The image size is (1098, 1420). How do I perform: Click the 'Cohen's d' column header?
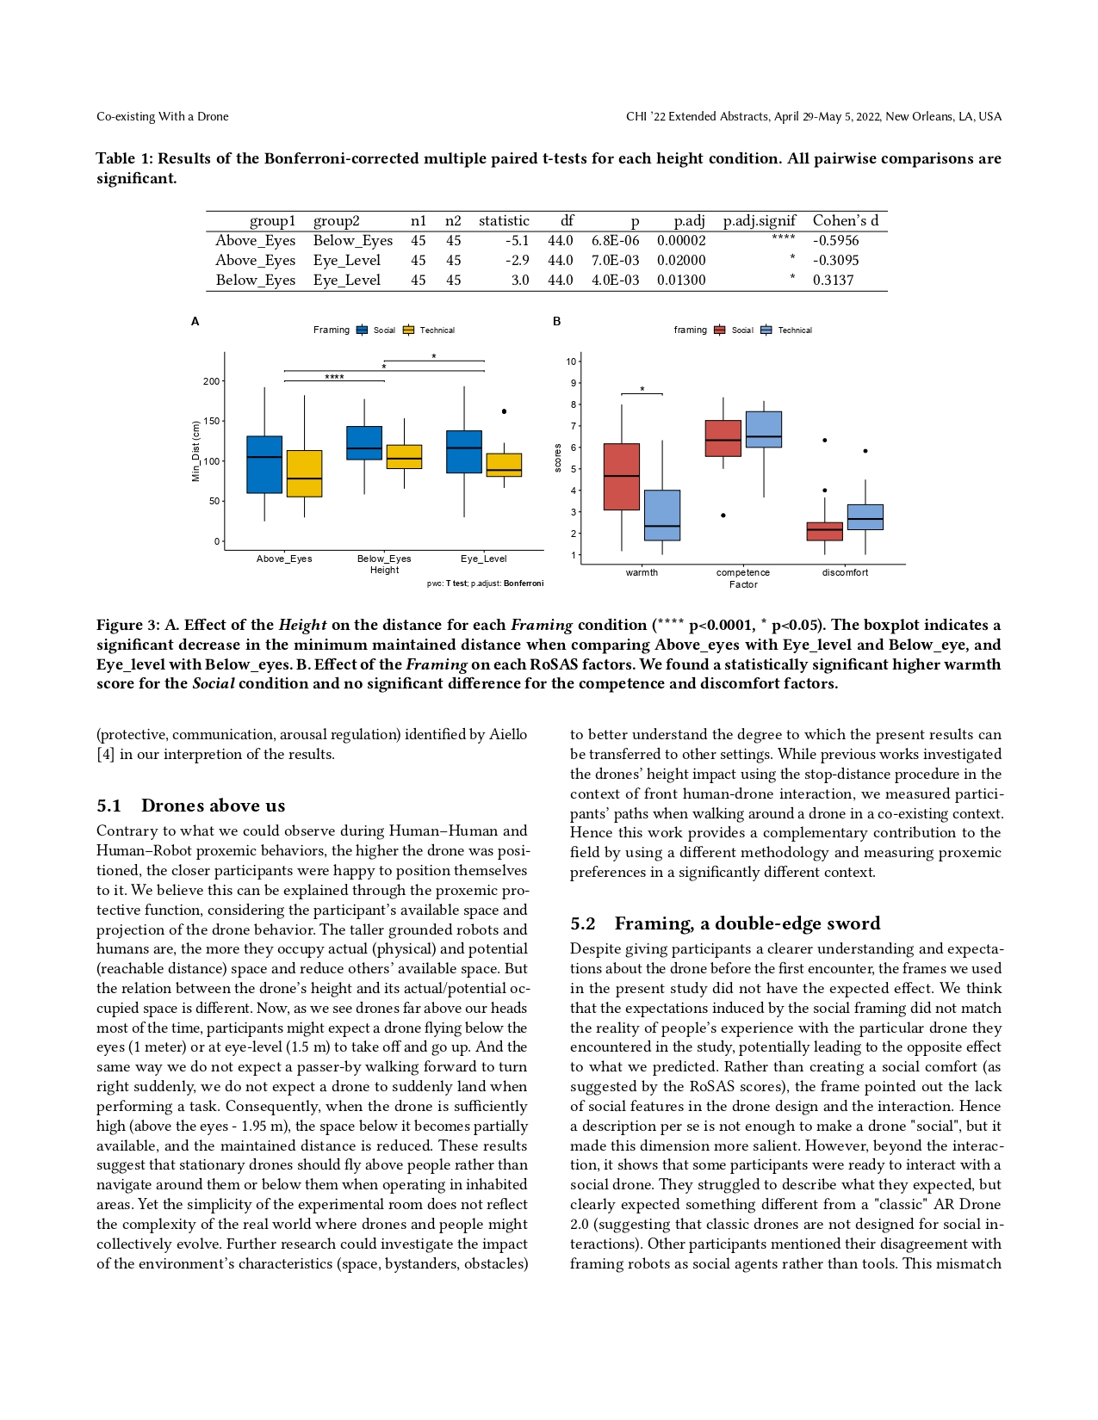[x=845, y=221]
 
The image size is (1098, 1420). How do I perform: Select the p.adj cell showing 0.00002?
[x=681, y=241]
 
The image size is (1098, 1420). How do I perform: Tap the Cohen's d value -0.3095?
[x=835, y=261]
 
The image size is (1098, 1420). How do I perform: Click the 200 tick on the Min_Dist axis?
[x=211, y=381]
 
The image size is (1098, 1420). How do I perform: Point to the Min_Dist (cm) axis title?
[x=196, y=451]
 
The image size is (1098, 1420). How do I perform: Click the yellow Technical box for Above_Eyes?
[x=304, y=473]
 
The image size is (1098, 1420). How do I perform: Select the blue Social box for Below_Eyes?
[x=364, y=443]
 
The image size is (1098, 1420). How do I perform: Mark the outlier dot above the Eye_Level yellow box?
[x=504, y=411]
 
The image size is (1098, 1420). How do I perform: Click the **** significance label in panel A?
[x=334, y=377]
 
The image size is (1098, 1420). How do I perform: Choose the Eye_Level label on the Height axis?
[x=483, y=559]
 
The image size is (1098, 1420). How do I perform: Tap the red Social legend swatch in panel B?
[x=720, y=330]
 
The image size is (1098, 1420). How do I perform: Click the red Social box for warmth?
[x=622, y=477]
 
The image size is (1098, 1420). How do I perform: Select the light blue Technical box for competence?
[x=764, y=429]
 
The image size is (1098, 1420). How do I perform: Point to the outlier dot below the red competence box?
[x=723, y=516]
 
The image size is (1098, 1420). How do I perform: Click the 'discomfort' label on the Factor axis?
[x=845, y=572]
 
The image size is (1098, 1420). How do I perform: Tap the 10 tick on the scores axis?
[x=571, y=361]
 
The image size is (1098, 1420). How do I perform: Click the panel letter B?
[x=557, y=321]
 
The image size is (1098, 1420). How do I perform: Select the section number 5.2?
[x=583, y=924]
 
